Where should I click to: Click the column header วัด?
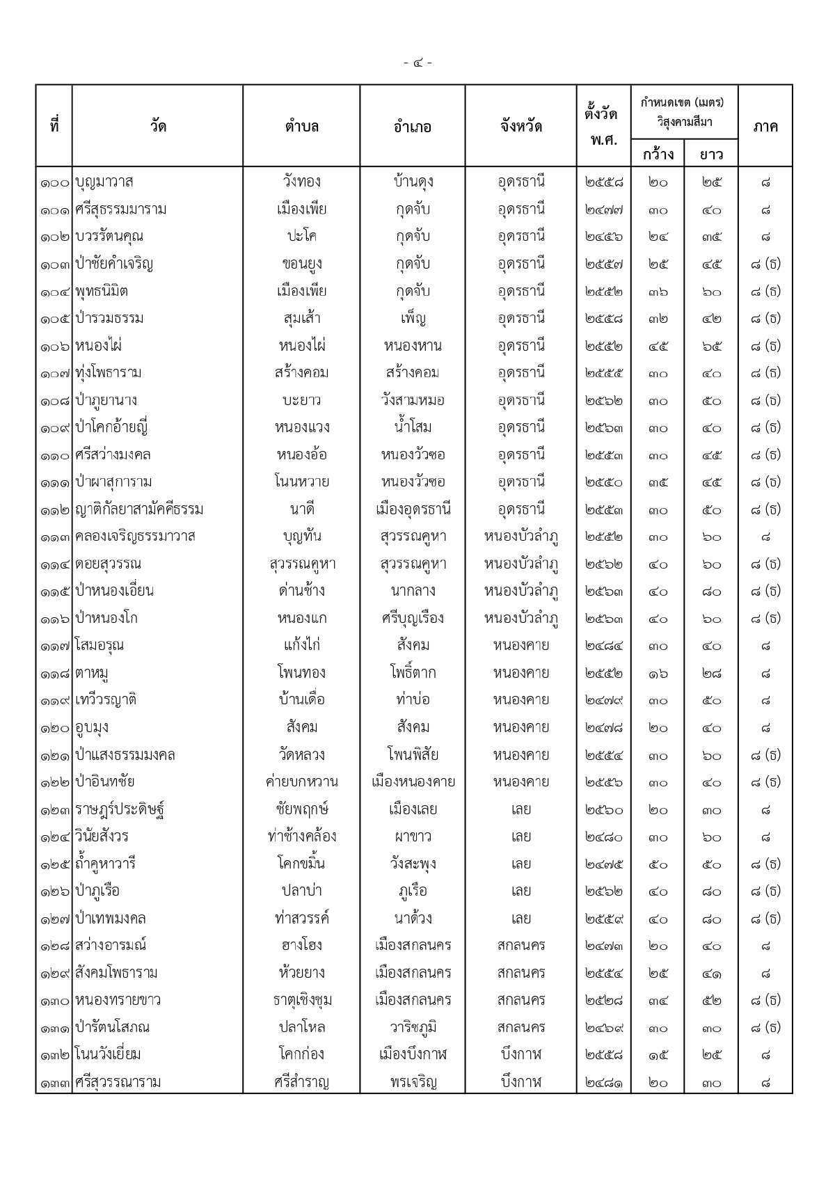(x=158, y=126)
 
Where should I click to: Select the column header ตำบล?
(x=301, y=126)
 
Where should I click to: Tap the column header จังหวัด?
(x=520, y=126)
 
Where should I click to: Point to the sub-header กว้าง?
(x=658, y=154)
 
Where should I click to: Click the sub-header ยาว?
(x=711, y=154)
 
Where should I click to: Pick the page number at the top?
(x=417, y=63)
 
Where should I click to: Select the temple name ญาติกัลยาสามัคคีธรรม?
(x=139, y=509)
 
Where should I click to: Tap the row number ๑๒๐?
(x=54, y=728)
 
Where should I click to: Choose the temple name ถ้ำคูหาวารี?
(x=106, y=864)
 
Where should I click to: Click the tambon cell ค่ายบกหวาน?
(x=301, y=782)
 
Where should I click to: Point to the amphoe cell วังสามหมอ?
(x=413, y=400)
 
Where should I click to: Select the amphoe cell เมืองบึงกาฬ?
(x=413, y=1055)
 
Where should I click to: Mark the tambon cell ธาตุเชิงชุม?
(x=301, y=1001)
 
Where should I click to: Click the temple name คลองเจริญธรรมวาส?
(x=135, y=537)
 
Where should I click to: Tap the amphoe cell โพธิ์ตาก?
(x=413, y=673)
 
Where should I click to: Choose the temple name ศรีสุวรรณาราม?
(x=118, y=1082)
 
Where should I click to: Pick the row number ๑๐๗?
(x=54, y=374)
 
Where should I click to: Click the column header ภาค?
(x=765, y=126)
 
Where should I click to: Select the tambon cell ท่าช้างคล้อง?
(x=301, y=837)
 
